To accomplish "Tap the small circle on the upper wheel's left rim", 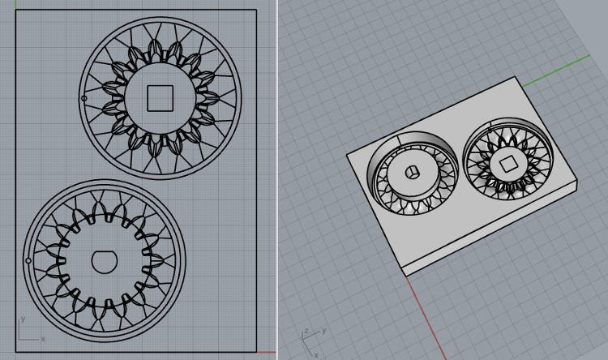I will pyautogui.click(x=84, y=99).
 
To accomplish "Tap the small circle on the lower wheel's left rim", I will pyautogui.click(x=29, y=261).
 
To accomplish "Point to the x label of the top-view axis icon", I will pyautogui.click(x=42, y=338).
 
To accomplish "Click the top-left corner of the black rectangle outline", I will pyautogui.click(x=15, y=10).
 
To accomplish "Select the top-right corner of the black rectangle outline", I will pyautogui.click(x=257, y=10).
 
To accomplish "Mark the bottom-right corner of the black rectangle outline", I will pyautogui.click(x=257, y=352).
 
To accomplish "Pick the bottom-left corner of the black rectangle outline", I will pyautogui.click(x=15, y=352).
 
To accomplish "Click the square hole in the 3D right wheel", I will pyautogui.click(x=508, y=165).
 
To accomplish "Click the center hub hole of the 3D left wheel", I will pyautogui.click(x=411, y=172).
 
